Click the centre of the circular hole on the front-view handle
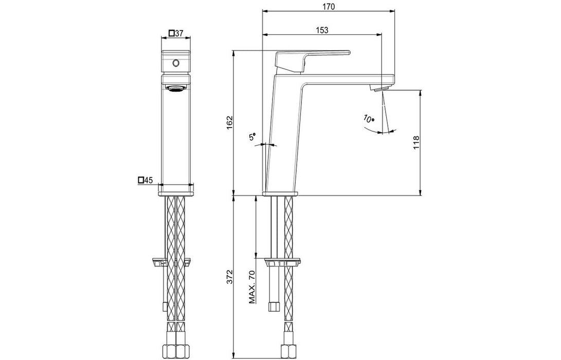point(175,63)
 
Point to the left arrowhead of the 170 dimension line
point(265,11)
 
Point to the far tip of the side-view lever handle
point(349,52)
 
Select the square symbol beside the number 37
point(172,33)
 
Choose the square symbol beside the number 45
point(141,180)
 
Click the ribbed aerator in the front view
point(175,88)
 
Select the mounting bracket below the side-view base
point(282,262)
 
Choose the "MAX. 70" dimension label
point(252,287)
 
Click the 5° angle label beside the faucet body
point(252,136)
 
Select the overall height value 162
point(229,123)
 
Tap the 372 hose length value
point(229,277)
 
